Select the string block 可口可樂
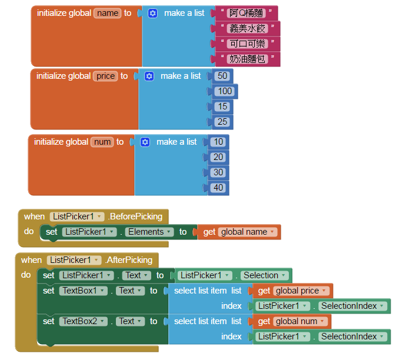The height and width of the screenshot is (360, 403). click(x=247, y=44)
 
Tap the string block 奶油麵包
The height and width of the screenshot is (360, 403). click(x=247, y=59)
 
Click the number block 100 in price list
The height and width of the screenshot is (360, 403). click(x=225, y=91)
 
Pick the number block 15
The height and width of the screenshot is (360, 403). click(x=222, y=106)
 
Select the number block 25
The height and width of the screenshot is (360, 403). click(x=222, y=122)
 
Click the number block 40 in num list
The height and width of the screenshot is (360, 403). click(x=218, y=188)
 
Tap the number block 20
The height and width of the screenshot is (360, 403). click(x=218, y=157)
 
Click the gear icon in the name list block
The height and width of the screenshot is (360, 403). click(x=152, y=13)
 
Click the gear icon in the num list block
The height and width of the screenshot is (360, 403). click(x=145, y=142)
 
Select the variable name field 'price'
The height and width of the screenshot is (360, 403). click(x=105, y=76)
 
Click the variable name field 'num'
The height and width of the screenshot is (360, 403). click(x=102, y=142)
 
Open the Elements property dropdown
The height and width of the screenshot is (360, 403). click(x=149, y=232)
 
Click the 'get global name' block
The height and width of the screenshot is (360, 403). click(x=238, y=232)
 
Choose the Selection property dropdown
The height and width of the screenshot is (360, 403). click(x=264, y=275)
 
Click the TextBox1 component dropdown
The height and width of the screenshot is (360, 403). click(x=84, y=291)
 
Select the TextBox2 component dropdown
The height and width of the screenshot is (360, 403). click(x=84, y=321)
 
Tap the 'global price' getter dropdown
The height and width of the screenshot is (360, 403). click(x=301, y=291)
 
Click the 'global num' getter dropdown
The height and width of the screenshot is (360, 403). click(x=300, y=321)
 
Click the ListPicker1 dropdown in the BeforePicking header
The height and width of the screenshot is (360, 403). click(x=77, y=216)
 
